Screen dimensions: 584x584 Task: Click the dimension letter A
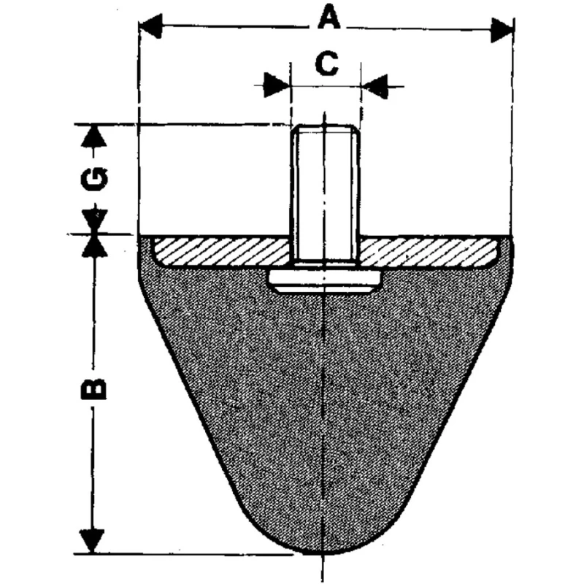(329, 18)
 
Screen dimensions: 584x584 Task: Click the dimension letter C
(326, 64)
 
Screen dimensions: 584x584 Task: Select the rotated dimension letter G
(94, 179)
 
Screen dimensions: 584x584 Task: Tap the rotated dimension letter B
(94, 389)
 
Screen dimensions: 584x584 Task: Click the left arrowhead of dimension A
(150, 26)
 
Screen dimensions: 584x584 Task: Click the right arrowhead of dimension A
(502, 30)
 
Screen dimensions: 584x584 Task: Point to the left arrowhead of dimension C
(277, 85)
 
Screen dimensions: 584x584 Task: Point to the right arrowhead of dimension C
(375, 87)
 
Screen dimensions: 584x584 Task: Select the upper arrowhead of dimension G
(94, 137)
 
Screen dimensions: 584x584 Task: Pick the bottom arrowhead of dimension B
(92, 541)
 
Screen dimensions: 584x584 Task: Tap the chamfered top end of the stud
(325, 130)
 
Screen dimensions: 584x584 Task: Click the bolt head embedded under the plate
(325, 281)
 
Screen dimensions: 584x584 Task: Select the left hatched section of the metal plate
(222, 252)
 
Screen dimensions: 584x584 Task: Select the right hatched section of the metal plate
(429, 252)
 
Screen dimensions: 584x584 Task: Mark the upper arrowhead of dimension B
(95, 246)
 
